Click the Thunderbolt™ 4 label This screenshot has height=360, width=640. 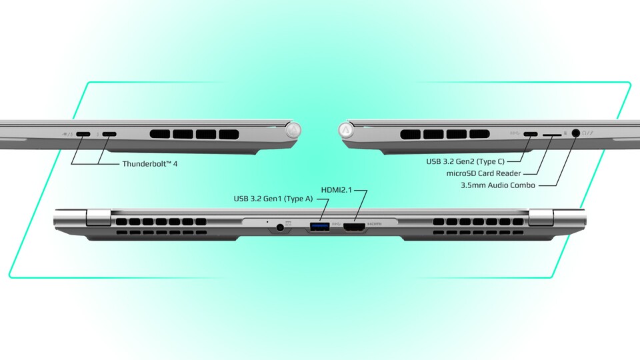click(150, 164)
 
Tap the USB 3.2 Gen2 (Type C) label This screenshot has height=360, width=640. click(465, 161)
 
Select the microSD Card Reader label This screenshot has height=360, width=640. click(484, 173)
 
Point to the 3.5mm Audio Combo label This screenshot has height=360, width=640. click(498, 185)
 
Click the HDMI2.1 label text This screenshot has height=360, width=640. click(336, 190)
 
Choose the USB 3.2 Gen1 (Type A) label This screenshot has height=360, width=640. click(273, 199)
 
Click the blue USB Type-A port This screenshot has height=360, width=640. click(320, 226)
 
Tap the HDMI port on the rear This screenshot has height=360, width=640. click(354, 227)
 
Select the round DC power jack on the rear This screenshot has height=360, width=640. click(280, 228)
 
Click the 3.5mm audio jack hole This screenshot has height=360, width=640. click(576, 133)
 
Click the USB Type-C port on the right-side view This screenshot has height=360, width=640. click(531, 134)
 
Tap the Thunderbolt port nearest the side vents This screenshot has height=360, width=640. click(109, 134)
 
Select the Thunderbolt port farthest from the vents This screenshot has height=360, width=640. click(83, 134)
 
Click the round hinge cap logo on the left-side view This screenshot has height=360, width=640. click(293, 130)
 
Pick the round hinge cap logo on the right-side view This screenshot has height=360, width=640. click(346, 130)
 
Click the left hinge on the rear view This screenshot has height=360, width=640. click(99, 217)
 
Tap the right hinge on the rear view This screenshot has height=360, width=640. click(541, 217)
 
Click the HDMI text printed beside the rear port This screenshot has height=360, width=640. click(374, 224)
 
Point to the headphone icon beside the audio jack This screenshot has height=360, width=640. click(585, 133)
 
